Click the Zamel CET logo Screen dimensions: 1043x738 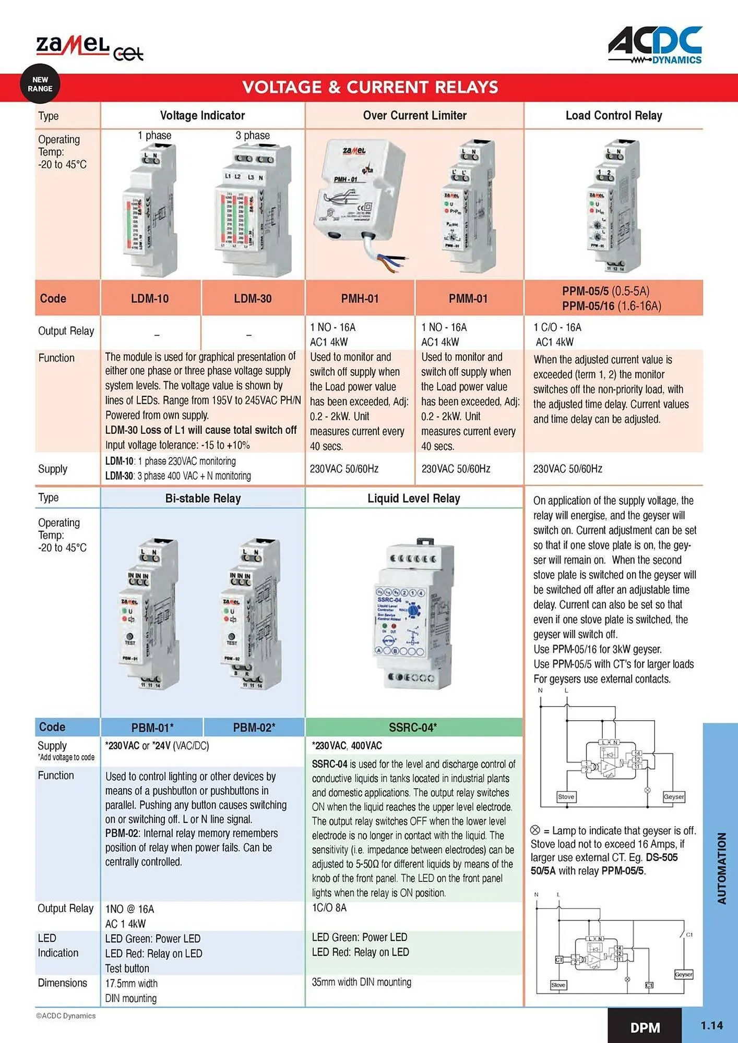point(89,48)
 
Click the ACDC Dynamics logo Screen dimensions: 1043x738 point(655,46)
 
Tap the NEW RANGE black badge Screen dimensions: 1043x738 point(40,84)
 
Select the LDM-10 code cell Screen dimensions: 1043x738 point(150,299)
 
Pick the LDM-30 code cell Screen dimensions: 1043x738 point(253,299)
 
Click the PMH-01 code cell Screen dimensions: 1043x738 point(360,299)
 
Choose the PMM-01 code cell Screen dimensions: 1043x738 point(468,299)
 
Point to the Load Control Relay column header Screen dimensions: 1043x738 point(614,116)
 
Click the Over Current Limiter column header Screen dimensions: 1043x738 point(414,116)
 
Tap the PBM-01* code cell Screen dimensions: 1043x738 point(152,727)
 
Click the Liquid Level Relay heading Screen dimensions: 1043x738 point(413,499)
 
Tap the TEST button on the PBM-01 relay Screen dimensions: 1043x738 point(130,637)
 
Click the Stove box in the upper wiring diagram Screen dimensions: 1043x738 point(566,797)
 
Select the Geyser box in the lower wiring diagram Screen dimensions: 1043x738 point(683,974)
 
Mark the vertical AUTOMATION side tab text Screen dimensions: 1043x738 point(722,868)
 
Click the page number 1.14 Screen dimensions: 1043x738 point(711,1026)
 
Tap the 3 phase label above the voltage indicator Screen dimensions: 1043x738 point(253,136)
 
